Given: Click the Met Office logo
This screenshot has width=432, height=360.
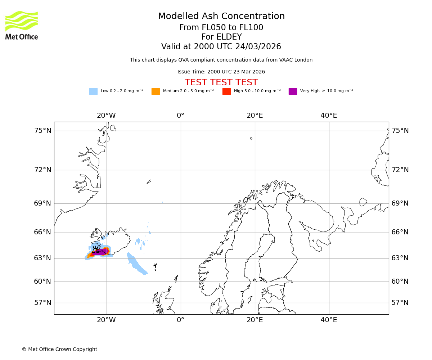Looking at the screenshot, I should pyautogui.click(x=22, y=25).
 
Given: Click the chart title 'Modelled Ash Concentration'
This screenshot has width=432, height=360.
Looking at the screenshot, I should pyautogui.click(x=221, y=17).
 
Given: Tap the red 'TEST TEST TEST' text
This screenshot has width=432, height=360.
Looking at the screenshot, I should pyautogui.click(x=221, y=82).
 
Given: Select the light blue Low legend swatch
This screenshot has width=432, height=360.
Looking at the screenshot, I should pyautogui.click(x=93, y=91).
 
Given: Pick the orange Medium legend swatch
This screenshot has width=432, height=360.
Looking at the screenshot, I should pyautogui.click(x=156, y=91).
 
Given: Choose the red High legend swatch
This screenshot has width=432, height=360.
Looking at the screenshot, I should pyautogui.click(x=226, y=91).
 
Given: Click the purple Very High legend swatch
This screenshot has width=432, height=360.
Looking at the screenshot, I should pyautogui.click(x=293, y=91).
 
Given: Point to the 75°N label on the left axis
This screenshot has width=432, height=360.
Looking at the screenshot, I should pyautogui.click(x=43, y=131).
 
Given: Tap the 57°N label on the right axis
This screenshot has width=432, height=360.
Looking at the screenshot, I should pyautogui.click(x=400, y=303).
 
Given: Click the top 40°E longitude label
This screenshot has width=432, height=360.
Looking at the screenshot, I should pyautogui.click(x=329, y=116).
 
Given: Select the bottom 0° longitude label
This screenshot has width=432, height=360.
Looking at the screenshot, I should pyautogui.click(x=180, y=320).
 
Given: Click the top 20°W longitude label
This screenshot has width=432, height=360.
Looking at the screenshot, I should pyautogui.click(x=106, y=116).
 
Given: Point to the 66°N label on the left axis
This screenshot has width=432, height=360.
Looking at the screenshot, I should pyautogui.click(x=43, y=232).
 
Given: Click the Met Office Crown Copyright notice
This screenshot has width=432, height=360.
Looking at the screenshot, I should pyautogui.click(x=59, y=349).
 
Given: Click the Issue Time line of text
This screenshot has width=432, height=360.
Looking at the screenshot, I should pyautogui.click(x=221, y=72).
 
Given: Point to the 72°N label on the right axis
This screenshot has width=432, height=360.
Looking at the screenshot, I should pyautogui.click(x=400, y=170).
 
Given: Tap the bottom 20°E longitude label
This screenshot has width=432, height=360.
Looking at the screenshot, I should pyautogui.click(x=255, y=320).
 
